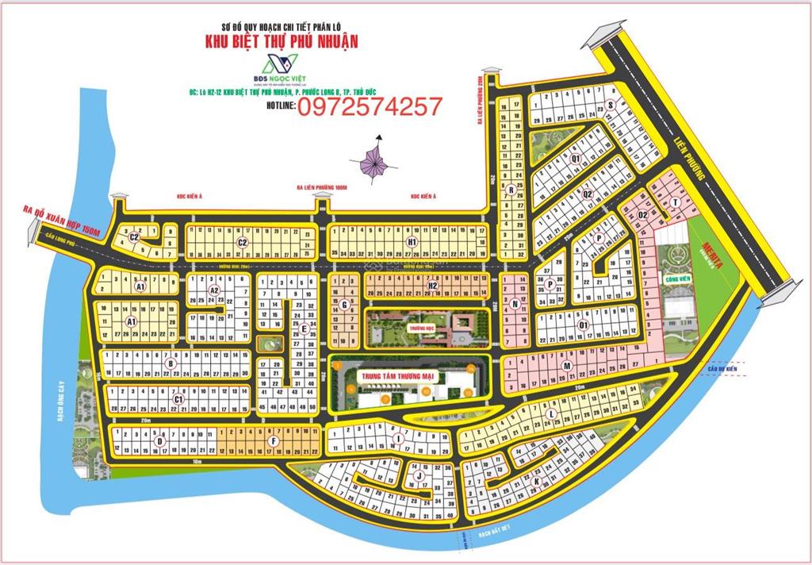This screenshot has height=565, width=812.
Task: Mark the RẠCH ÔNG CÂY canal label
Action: pos(63,409)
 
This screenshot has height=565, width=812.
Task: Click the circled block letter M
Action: pos(568,366)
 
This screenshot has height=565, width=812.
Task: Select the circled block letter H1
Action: pos(412,242)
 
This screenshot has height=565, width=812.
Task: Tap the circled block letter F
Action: pos(274,440)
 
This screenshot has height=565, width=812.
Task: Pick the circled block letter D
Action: pos(160,440)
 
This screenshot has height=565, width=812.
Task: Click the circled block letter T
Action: pos(674,202)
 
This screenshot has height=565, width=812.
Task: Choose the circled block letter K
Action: pos(537,482)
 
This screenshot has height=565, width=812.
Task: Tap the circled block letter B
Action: pos(170,364)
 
